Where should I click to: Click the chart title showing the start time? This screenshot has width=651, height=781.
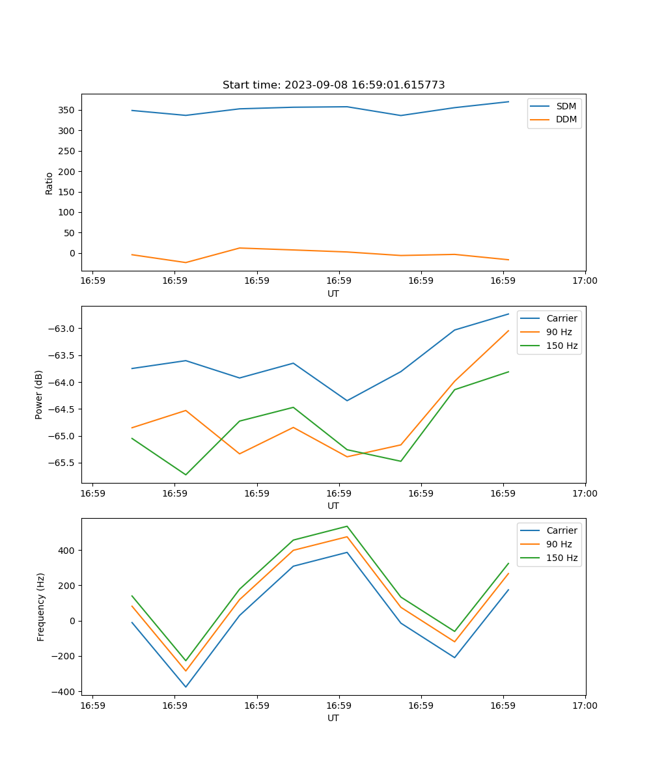coord(333,85)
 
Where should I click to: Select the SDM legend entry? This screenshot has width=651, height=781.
coord(566,106)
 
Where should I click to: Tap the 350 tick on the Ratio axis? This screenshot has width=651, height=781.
coord(68,110)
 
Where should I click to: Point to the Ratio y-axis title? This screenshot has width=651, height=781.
coord(49,183)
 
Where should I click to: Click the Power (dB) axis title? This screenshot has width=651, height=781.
coord(39,394)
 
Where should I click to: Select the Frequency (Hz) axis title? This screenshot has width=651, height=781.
coord(41,607)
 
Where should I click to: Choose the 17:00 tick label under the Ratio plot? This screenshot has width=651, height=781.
coord(585,281)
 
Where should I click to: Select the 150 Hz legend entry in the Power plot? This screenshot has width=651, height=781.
coord(562,346)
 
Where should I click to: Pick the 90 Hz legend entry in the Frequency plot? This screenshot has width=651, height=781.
coord(559,544)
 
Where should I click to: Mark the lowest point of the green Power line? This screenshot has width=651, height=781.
coord(186,474)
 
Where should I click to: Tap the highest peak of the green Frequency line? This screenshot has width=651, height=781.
coord(347,526)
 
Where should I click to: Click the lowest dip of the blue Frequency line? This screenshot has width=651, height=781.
coord(186,687)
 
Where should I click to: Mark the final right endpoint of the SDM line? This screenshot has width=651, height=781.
coord(508,102)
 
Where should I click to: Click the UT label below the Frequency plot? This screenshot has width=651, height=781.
coord(333,719)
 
